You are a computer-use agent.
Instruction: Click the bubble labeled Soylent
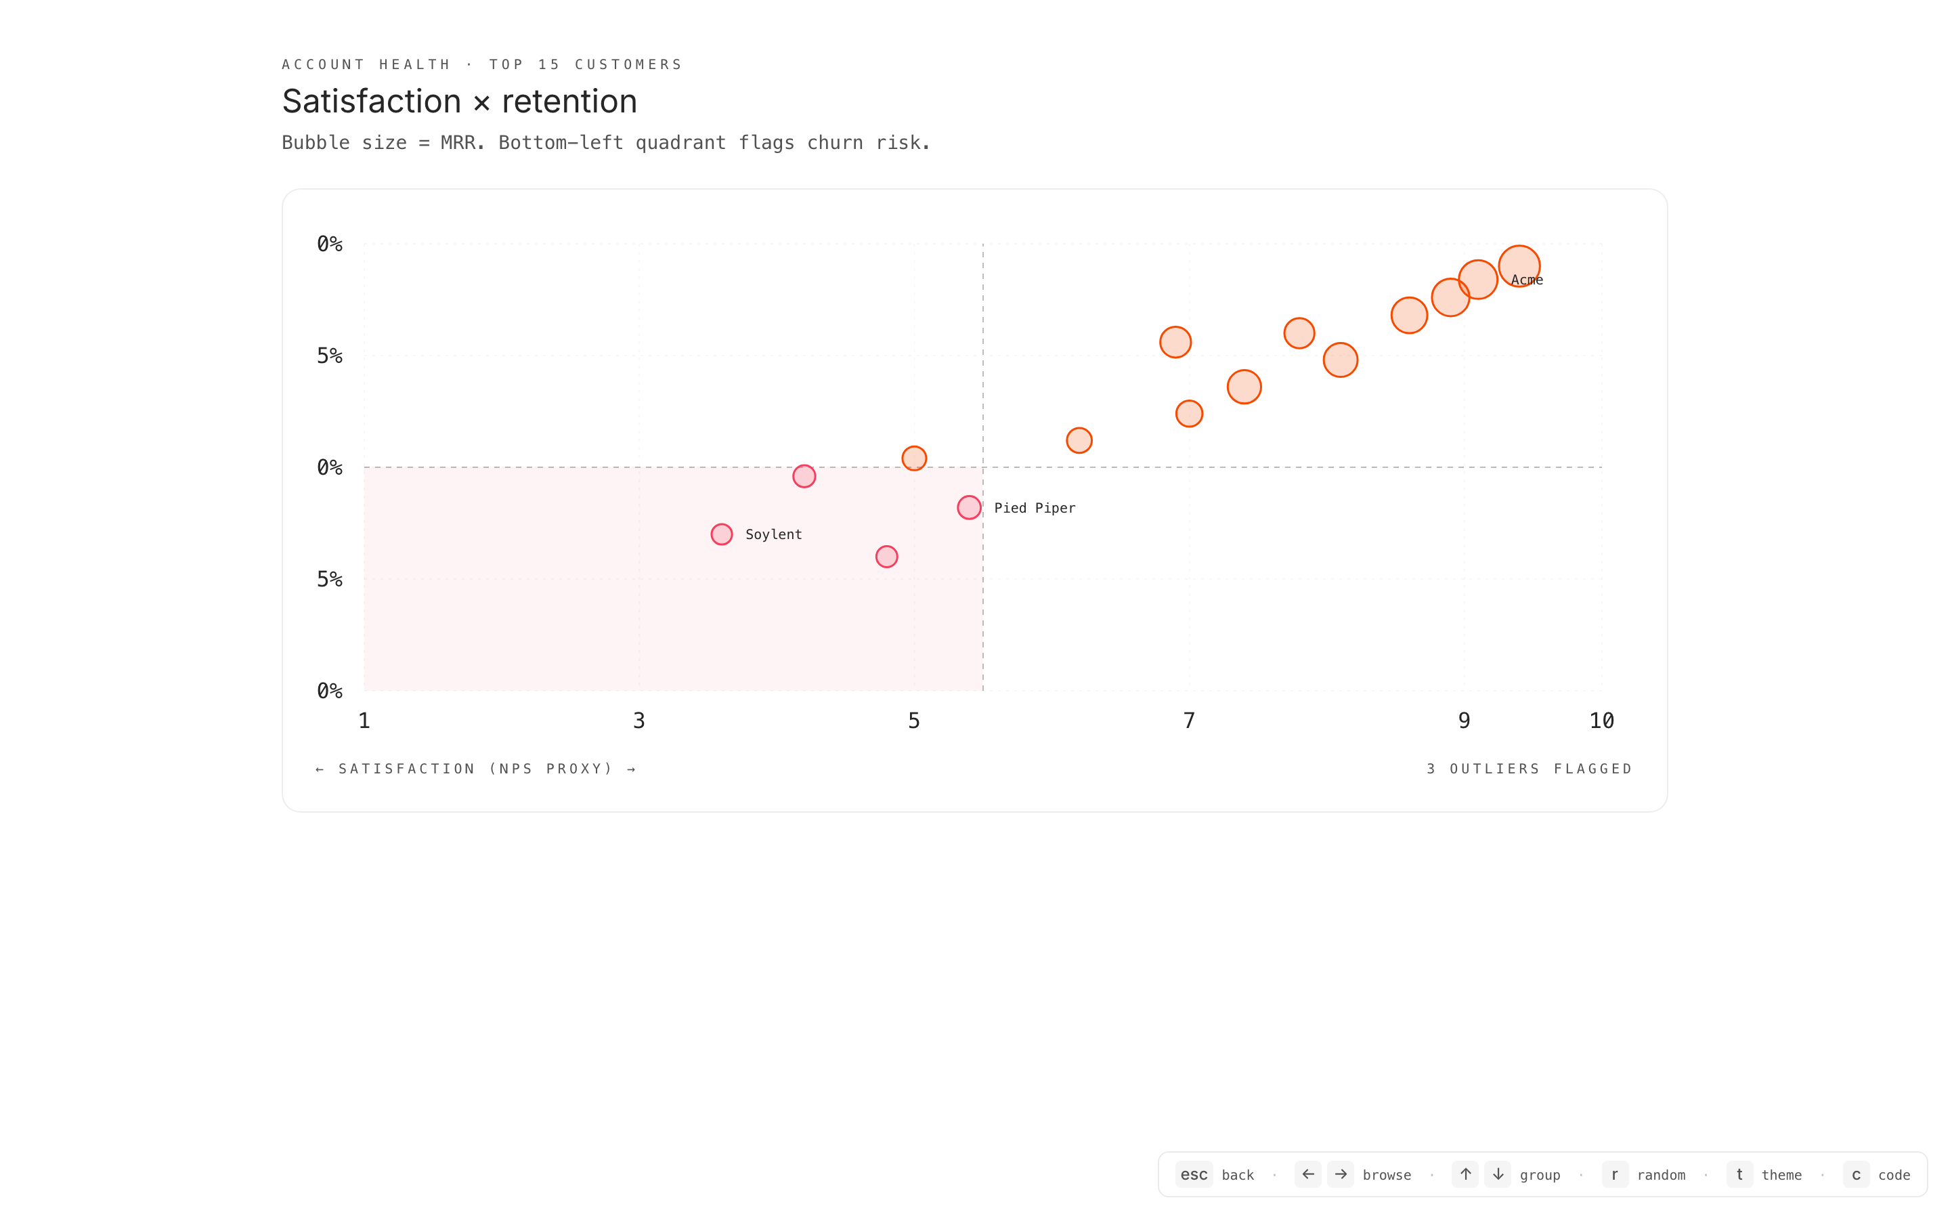click(721, 534)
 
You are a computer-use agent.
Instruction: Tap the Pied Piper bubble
click(968, 507)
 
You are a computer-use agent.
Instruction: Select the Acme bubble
click(1518, 265)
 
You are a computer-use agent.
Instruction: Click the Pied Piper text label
click(1034, 508)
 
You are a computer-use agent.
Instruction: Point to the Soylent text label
click(773, 534)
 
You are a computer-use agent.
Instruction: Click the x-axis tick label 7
click(1188, 721)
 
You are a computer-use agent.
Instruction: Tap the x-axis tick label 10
click(1601, 721)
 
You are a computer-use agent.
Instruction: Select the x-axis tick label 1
click(364, 721)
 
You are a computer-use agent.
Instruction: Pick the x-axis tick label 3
click(639, 721)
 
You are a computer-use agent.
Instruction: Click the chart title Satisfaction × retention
click(459, 102)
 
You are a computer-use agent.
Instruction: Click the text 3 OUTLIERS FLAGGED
click(1529, 769)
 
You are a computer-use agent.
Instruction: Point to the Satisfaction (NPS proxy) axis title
click(475, 769)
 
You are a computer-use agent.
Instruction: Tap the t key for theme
click(1739, 1175)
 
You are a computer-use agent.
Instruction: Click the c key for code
click(1856, 1175)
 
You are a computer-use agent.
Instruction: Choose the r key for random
click(1615, 1175)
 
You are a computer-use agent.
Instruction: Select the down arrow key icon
click(1498, 1175)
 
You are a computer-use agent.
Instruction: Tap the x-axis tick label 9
click(1464, 721)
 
